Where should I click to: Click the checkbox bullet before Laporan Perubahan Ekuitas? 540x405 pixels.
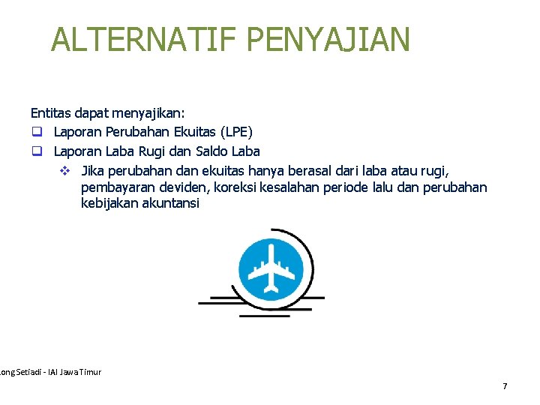pyautogui.click(x=35, y=132)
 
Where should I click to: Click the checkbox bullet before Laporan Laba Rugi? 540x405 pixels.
pyautogui.click(x=35, y=151)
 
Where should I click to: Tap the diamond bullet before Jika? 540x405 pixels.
pyautogui.click(x=64, y=170)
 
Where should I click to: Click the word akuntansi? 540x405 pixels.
pyautogui.click(x=171, y=203)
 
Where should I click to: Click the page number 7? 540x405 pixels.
pyautogui.click(x=505, y=386)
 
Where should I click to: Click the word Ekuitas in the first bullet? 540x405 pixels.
pyautogui.click(x=184, y=132)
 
